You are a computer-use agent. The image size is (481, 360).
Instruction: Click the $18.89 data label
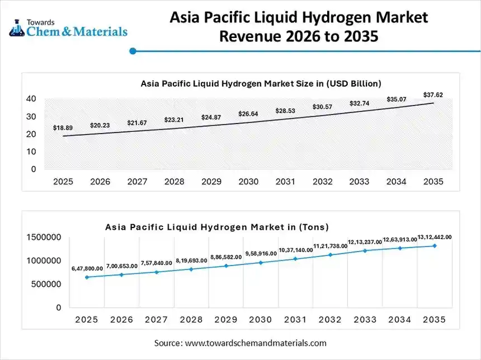(63, 128)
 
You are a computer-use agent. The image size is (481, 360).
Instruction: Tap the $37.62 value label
(433, 95)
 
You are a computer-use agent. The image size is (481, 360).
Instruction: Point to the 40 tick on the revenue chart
(31, 99)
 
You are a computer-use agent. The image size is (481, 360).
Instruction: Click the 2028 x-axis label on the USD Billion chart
(174, 182)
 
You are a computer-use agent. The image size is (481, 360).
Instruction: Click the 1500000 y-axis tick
(44, 238)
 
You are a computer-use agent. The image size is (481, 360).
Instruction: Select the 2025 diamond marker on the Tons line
(86, 277)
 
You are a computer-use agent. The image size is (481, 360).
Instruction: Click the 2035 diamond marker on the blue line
(433, 245)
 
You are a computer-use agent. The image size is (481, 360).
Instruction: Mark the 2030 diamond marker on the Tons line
(260, 262)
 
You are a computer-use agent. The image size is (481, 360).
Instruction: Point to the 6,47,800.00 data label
(87, 269)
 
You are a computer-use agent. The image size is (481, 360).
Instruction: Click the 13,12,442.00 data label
(434, 237)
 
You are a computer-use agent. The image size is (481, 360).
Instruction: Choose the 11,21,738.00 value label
(329, 246)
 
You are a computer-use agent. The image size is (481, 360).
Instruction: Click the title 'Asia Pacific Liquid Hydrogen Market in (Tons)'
(217, 227)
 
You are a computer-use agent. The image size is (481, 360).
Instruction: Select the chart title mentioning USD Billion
(261, 83)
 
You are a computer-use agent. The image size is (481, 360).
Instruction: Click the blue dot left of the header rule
(133, 51)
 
